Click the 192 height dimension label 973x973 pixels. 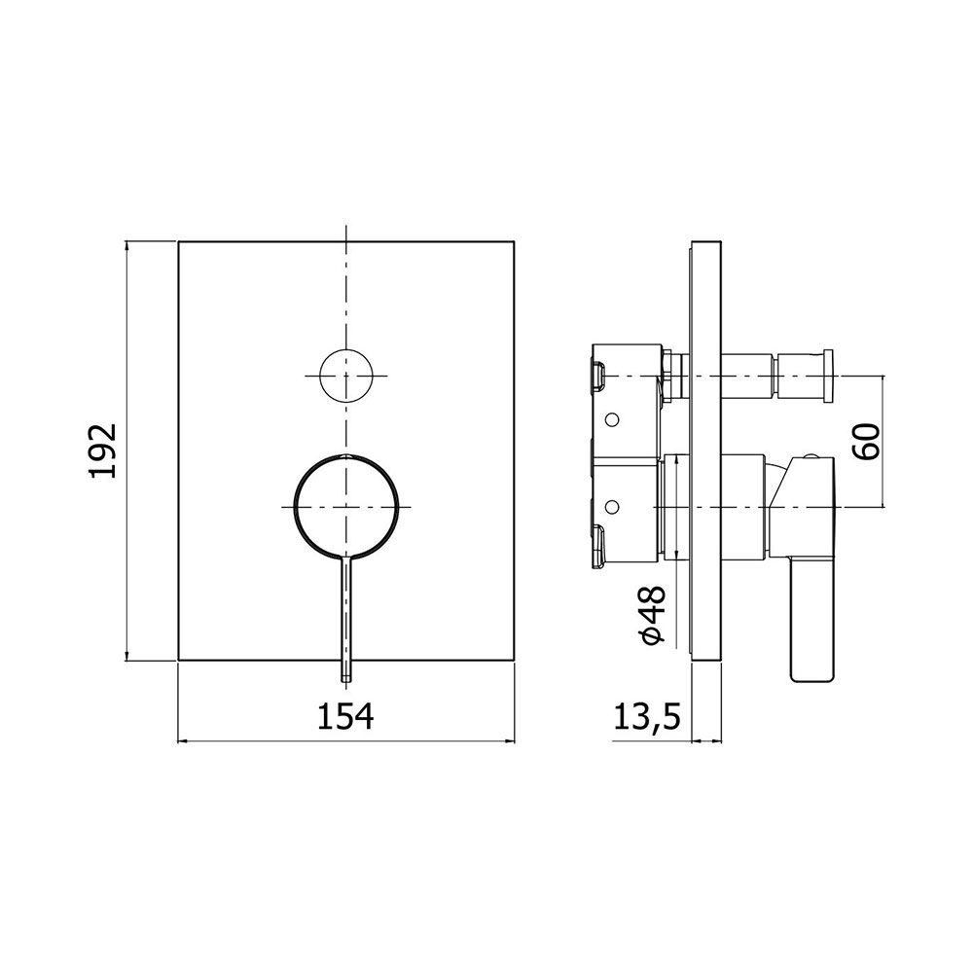pyautogui.click(x=103, y=450)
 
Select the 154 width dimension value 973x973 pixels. pyautogui.click(x=345, y=717)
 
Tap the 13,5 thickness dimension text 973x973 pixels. pyautogui.click(x=647, y=718)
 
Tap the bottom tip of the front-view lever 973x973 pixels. pyautogui.click(x=346, y=681)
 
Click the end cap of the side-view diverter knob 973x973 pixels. pyautogui.click(x=827, y=376)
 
